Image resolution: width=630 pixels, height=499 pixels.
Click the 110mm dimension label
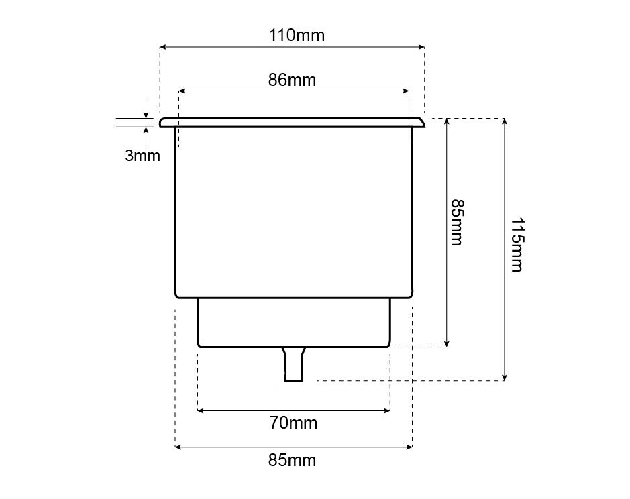297,36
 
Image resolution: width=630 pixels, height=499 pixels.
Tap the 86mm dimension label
292,80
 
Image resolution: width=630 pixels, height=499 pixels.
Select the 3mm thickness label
142,156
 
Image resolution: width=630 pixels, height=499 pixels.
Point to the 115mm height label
517,245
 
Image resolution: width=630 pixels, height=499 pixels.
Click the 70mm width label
293,423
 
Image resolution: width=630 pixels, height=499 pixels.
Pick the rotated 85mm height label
457,222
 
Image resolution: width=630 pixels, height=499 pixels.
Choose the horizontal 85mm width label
292,460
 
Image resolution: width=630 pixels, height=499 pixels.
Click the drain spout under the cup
294,364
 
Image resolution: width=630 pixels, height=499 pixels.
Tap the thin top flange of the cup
292,123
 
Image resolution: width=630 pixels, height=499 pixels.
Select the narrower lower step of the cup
294,323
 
